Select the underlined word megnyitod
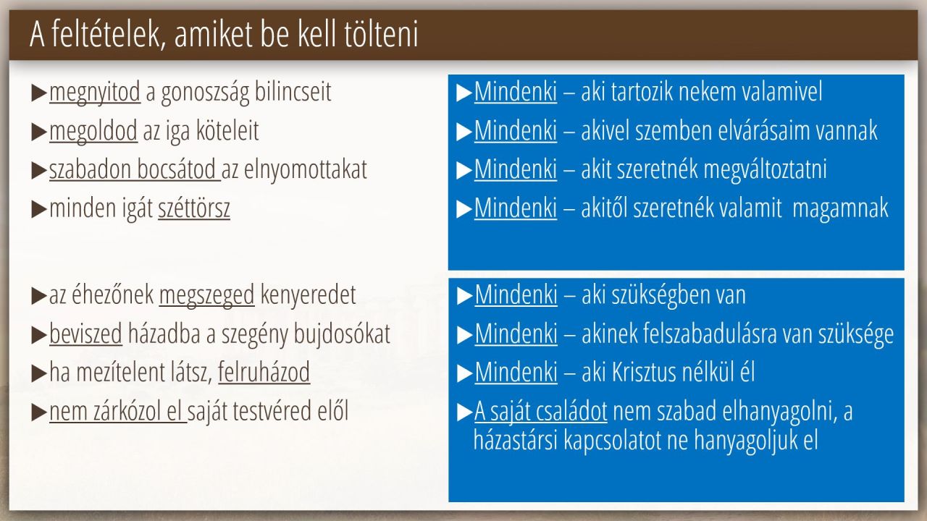tap(95, 93)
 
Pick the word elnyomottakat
tap(306, 170)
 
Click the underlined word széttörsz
tap(194, 208)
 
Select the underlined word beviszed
tap(85, 334)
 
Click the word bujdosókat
tap(342, 334)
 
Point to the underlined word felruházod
tap(264, 372)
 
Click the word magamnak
tap(840, 208)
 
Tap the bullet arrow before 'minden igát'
tap(39, 209)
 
